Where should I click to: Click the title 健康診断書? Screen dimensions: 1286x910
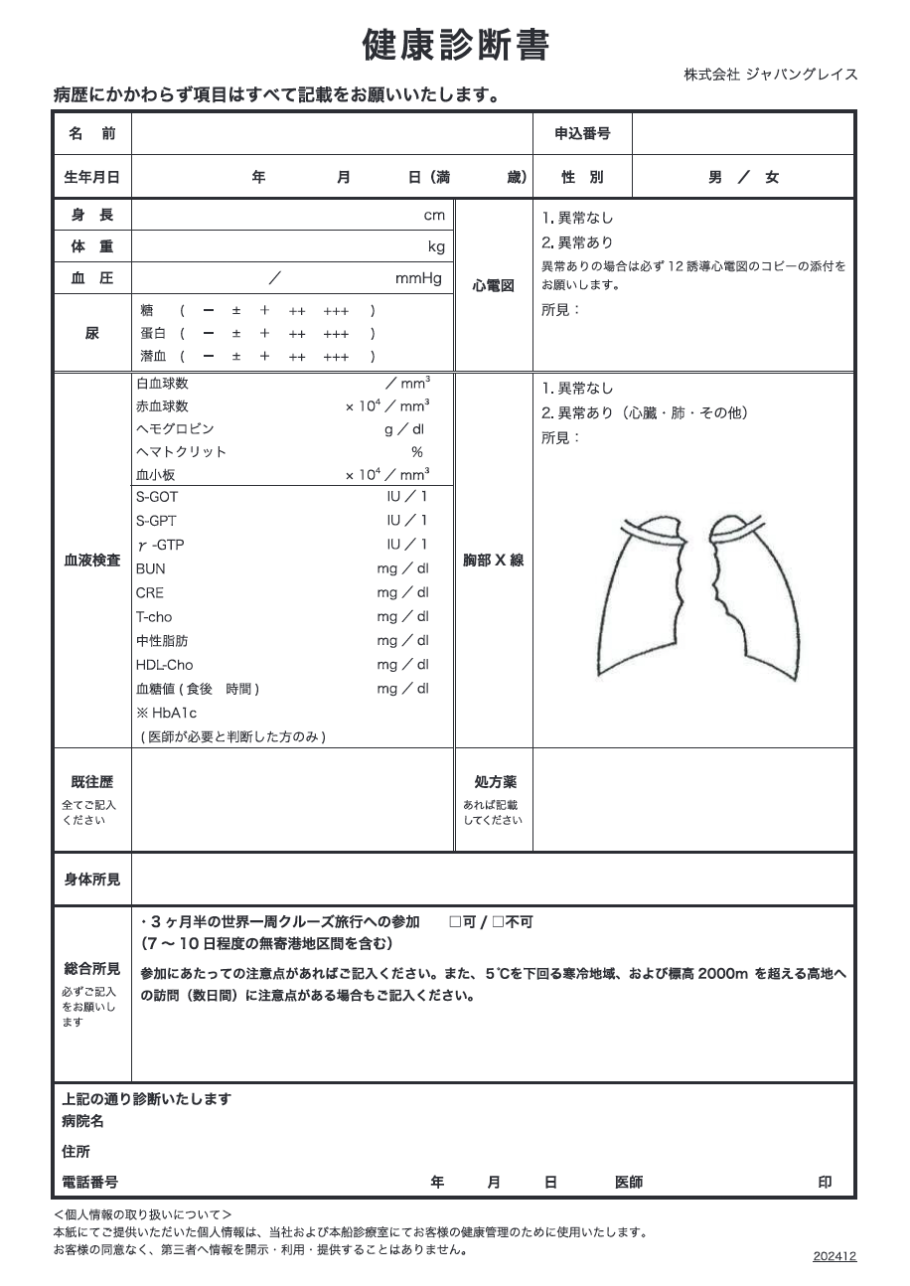455,46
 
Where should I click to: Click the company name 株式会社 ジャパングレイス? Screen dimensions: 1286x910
770,75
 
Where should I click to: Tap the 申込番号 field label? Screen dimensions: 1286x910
582,133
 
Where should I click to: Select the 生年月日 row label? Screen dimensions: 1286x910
91,177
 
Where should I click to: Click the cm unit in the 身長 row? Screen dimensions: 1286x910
434,215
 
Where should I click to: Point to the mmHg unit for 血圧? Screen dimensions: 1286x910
418,278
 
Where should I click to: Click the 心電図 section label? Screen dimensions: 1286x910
494,286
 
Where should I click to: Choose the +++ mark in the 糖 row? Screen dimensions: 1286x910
336,310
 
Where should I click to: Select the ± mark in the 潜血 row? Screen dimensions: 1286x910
236,356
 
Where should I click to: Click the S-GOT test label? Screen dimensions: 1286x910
157,497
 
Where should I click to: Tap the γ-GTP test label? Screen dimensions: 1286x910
160,545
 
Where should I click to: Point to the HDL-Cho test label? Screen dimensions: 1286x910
165,665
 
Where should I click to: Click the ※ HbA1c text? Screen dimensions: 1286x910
167,713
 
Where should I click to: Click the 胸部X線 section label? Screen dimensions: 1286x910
494,561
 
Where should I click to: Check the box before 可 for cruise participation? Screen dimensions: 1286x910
455,922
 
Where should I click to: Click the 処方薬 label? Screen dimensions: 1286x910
494,783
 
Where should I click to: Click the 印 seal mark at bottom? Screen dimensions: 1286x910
825,1182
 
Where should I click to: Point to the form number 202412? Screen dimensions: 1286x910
834,1256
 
